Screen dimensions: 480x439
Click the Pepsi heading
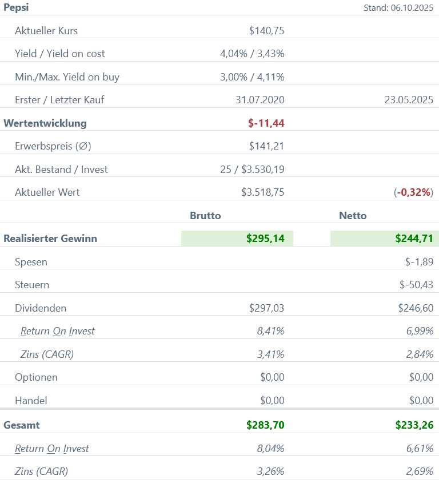click(x=16, y=7)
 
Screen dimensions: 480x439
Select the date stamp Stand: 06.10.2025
click(x=398, y=8)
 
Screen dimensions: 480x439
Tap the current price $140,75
click(x=266, y=31)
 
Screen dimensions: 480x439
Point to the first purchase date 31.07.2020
click(x=260, y=100)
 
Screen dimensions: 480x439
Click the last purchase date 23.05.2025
click(x=409, y=100)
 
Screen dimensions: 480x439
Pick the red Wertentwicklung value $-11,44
click(x=266, y=123)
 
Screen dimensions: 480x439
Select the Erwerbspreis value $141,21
click(x=266, y=146)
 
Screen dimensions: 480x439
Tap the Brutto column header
click(x=205, y=215)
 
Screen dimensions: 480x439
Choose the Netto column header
click(x=353, y=215)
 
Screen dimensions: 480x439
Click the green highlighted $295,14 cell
click(x=237, y=239)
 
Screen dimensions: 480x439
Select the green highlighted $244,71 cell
click(x=385, y=239)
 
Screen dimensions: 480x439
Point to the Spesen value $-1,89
click(x=419, y=262)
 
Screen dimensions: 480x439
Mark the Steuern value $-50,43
click(x=416, y=285)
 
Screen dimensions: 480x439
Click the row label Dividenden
click(x=41, y=308)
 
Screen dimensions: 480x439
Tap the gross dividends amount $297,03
click(x=266, y=308)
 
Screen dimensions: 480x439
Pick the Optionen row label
click(x=36, y=377)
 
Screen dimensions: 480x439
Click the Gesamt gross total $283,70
click(x=265, y=425)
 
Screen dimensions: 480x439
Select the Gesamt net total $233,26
click(x=414, y=425)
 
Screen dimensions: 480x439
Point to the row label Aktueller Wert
click(x=47, y=192)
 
